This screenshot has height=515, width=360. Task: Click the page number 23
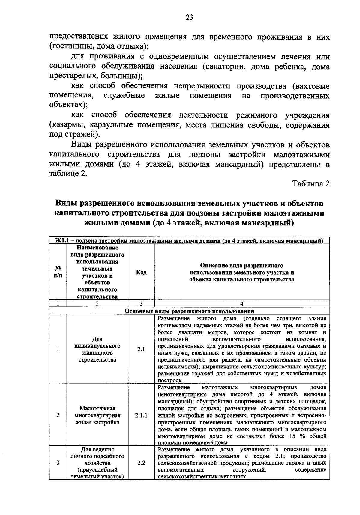pos(189,17)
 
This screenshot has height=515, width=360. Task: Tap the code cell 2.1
pos(141,349)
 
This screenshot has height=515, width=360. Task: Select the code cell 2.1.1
pos(141,415)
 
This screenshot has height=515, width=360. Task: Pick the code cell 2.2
pos(141,463)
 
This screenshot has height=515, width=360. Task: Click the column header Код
pos(141,272)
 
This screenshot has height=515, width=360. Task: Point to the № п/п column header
pos(58,272)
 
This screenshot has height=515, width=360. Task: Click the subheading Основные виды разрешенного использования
pos(189,311)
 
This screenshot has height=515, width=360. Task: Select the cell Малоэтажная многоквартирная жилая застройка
pos(97,415)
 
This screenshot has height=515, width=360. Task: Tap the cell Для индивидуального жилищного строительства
pos(97,349)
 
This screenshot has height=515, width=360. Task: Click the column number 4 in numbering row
pos(241,303)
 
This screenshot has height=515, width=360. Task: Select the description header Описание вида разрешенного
pos(241,266)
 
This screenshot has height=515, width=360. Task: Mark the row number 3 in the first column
pos(58,463)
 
